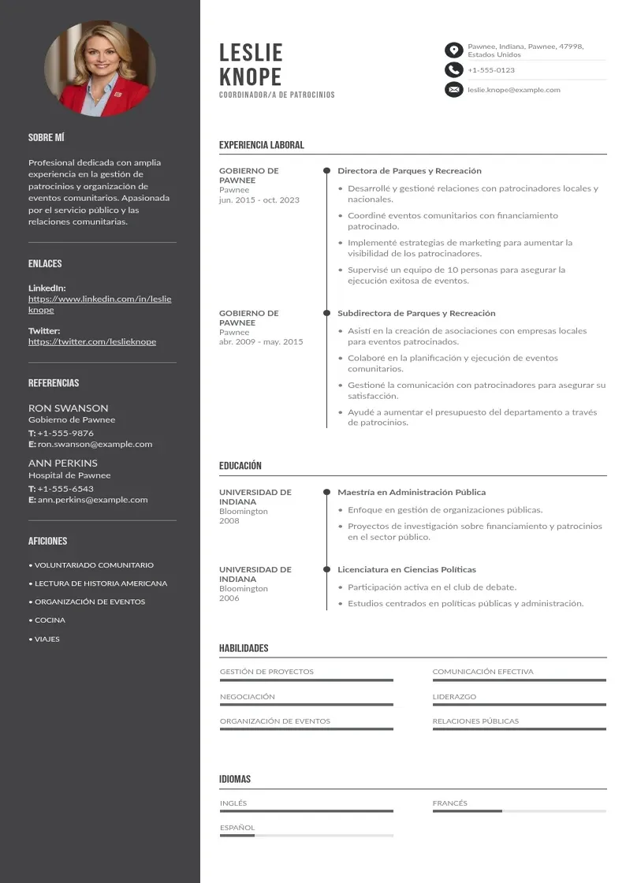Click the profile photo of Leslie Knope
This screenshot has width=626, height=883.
pos(100,69)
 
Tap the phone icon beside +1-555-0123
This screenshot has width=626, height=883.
pos(453,70)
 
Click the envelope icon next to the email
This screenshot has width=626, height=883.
pos(453,90)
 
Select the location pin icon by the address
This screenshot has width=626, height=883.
pos(453,50)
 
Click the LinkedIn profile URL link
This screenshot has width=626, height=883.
pos(99,304)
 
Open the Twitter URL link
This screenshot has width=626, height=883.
pos(92,341)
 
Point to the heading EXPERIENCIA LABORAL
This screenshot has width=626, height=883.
pos(261,145)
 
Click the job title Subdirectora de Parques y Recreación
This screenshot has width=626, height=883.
pos(416,313)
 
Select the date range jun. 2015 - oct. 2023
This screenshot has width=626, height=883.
pos(259,200)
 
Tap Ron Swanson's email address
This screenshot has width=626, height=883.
pos(95,444)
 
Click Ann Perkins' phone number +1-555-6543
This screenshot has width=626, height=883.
pos(65,489)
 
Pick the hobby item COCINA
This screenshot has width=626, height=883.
pos(50,620)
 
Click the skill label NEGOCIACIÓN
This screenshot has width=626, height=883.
pos(248,697)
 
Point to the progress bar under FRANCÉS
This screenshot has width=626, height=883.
pos(519,810)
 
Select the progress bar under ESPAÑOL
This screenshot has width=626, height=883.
pos(306,835)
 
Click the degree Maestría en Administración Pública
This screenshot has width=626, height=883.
pos(412,492)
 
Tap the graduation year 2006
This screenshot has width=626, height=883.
pos(229,598)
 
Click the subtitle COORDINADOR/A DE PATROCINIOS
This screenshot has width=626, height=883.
pos(277,95)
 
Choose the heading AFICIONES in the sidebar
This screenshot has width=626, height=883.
pos(47,541)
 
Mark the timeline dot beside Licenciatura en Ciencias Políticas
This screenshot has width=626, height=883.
pos(326,569)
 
